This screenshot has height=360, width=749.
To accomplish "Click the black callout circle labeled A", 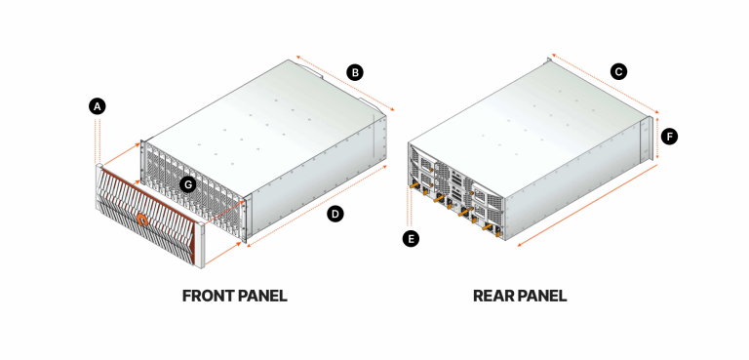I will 97,106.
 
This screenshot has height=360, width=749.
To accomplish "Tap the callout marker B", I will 356,72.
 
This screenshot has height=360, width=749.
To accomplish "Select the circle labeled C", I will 617,71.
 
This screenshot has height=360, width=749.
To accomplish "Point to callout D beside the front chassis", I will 335,214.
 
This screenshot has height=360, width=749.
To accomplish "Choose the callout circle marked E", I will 412,237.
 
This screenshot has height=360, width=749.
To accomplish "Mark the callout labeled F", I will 669,137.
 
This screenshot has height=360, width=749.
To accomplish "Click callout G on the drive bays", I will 189,183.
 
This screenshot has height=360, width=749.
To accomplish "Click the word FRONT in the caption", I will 208,296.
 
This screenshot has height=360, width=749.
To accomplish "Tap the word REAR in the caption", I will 493,296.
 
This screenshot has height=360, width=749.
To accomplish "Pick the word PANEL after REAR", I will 542,296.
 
